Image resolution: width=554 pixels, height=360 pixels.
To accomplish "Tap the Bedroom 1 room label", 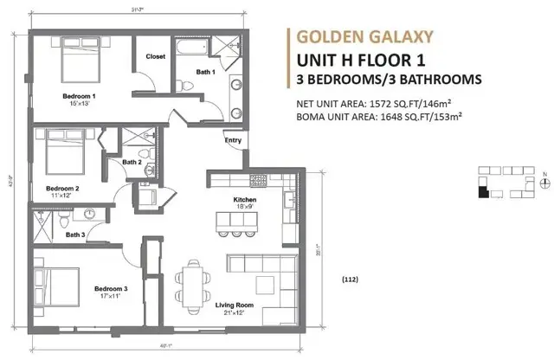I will [79, 96].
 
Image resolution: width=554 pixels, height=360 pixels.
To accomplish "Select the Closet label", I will [156, 56].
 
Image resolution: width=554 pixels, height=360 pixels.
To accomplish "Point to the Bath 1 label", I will [204, 73].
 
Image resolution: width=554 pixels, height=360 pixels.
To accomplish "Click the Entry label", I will [233, 140].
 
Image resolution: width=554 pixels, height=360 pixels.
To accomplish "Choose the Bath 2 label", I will [132, 162].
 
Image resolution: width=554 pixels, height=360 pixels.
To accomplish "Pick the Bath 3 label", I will [75, 235].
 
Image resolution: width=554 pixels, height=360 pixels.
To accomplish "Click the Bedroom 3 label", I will [112, 288].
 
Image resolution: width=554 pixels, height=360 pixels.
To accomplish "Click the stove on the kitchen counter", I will [258, 181].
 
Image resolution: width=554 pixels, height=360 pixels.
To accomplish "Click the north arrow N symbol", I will [542, 177].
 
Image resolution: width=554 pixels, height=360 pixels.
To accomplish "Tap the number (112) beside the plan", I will [350, 280].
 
